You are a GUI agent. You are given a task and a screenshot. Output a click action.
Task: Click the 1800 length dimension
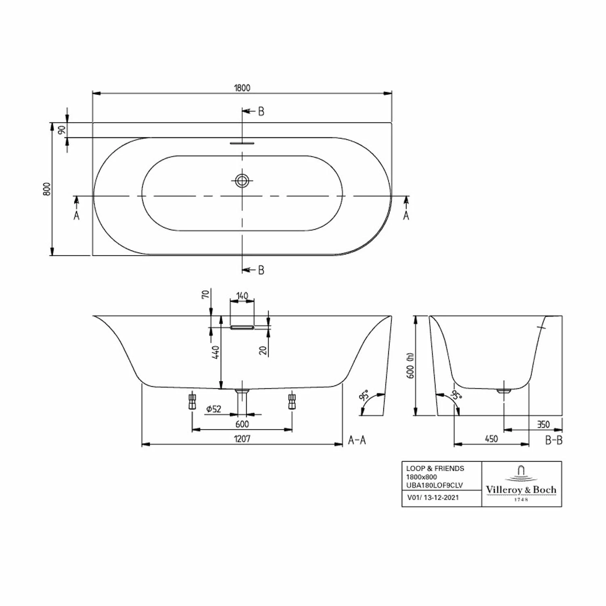[x=242, y=88]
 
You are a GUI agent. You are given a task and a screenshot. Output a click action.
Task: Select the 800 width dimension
[x=47, y=189]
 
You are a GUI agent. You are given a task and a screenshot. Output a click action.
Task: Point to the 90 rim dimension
[x=62, y=130]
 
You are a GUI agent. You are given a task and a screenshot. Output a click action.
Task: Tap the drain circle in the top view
[x=242, y=181]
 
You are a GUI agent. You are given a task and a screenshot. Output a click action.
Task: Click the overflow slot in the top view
[x=242, y=143]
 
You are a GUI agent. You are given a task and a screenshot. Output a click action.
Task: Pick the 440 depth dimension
[x=216, y=352]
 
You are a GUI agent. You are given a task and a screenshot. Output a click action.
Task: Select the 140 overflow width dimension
[x=242, y=296]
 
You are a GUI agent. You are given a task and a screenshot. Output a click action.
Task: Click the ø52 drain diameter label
[x=214, y=409]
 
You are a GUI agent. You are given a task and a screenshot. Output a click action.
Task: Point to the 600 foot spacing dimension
[x=242, y=424]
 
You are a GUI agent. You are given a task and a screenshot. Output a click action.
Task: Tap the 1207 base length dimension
[x=242, y=439]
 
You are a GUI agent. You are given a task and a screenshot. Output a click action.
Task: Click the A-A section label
[x=357, y=440]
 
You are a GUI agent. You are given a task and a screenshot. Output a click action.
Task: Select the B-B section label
[x=553, y=440]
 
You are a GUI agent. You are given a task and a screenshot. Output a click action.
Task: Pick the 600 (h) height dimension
[x=410, y=366]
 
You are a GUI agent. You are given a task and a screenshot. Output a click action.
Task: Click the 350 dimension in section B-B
[x=543, y=424]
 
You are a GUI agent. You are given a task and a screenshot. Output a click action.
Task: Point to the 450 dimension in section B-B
[x=491, y=439]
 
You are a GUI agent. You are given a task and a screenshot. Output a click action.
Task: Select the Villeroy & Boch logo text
[x=521, y=490]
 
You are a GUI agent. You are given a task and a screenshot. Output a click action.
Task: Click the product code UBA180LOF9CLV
[x=434, y=485]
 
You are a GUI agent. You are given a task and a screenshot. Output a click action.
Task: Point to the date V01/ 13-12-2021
[x=433, y=498]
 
